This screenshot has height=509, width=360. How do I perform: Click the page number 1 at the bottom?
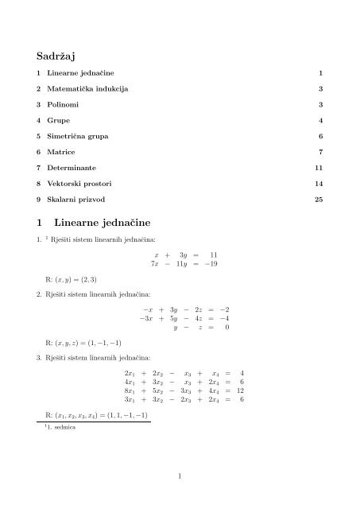tap(180, 476)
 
